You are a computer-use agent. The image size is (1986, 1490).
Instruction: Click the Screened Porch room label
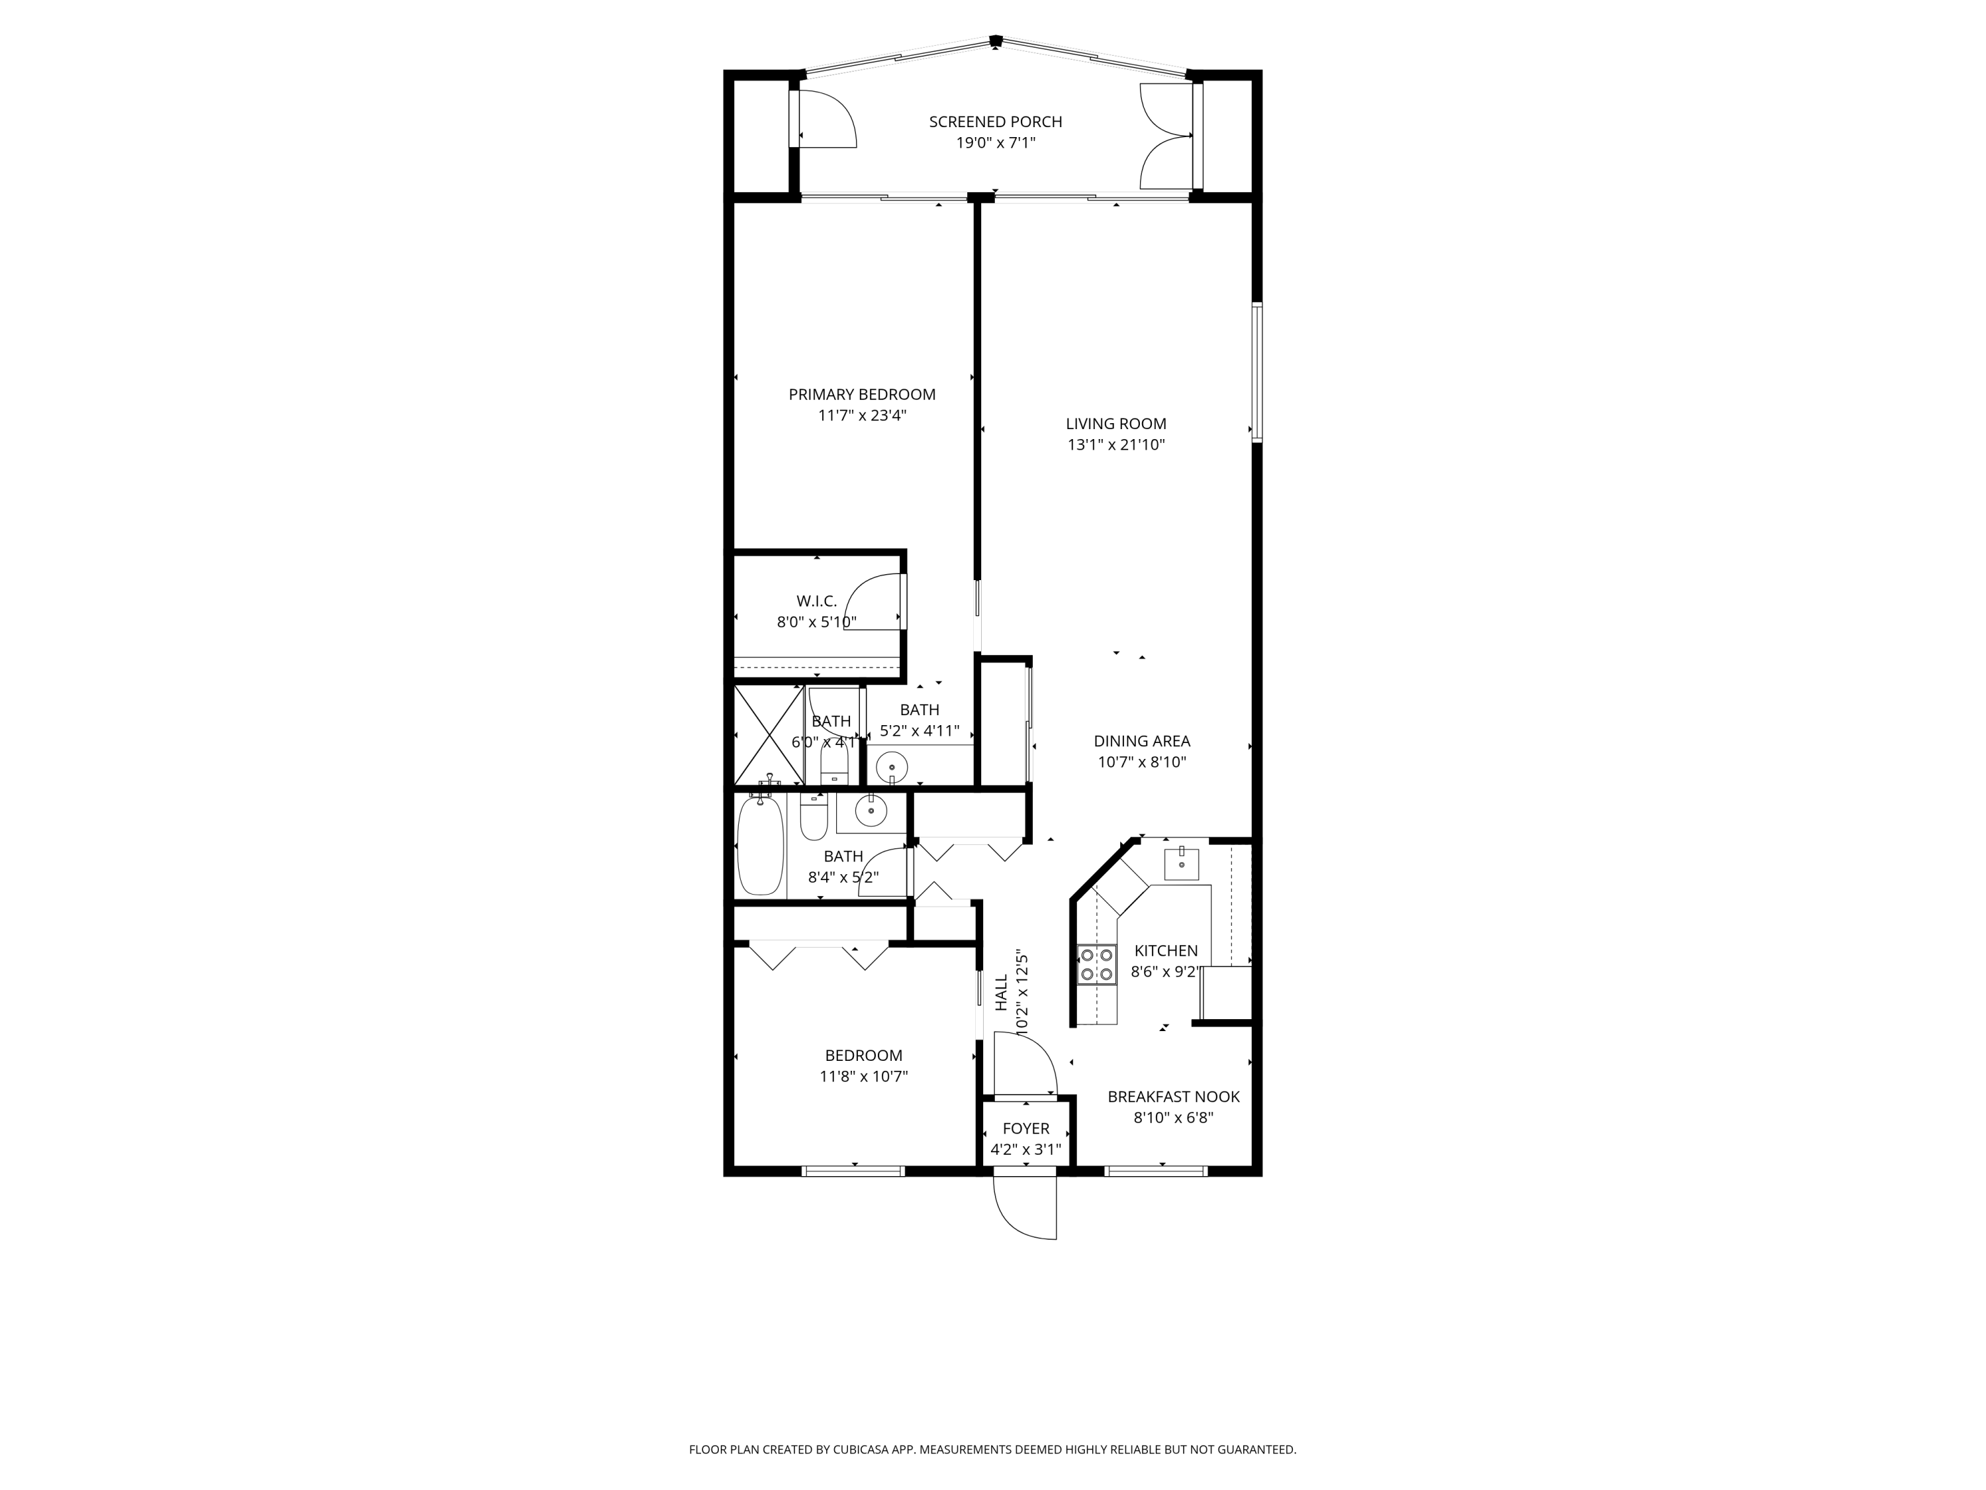coord(995,121)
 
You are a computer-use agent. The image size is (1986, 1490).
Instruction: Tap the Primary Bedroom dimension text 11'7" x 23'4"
coord(862,416)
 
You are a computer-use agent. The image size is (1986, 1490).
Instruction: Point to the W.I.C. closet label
coord(816,601)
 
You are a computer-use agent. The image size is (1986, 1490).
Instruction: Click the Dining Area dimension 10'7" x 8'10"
coord(1142,762)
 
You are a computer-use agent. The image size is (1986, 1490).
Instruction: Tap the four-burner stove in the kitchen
coord(1097,964)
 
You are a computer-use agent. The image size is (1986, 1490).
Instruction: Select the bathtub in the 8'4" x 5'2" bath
coord(761,846)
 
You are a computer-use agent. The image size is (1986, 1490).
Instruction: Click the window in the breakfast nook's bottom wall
coord(1155,1170)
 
